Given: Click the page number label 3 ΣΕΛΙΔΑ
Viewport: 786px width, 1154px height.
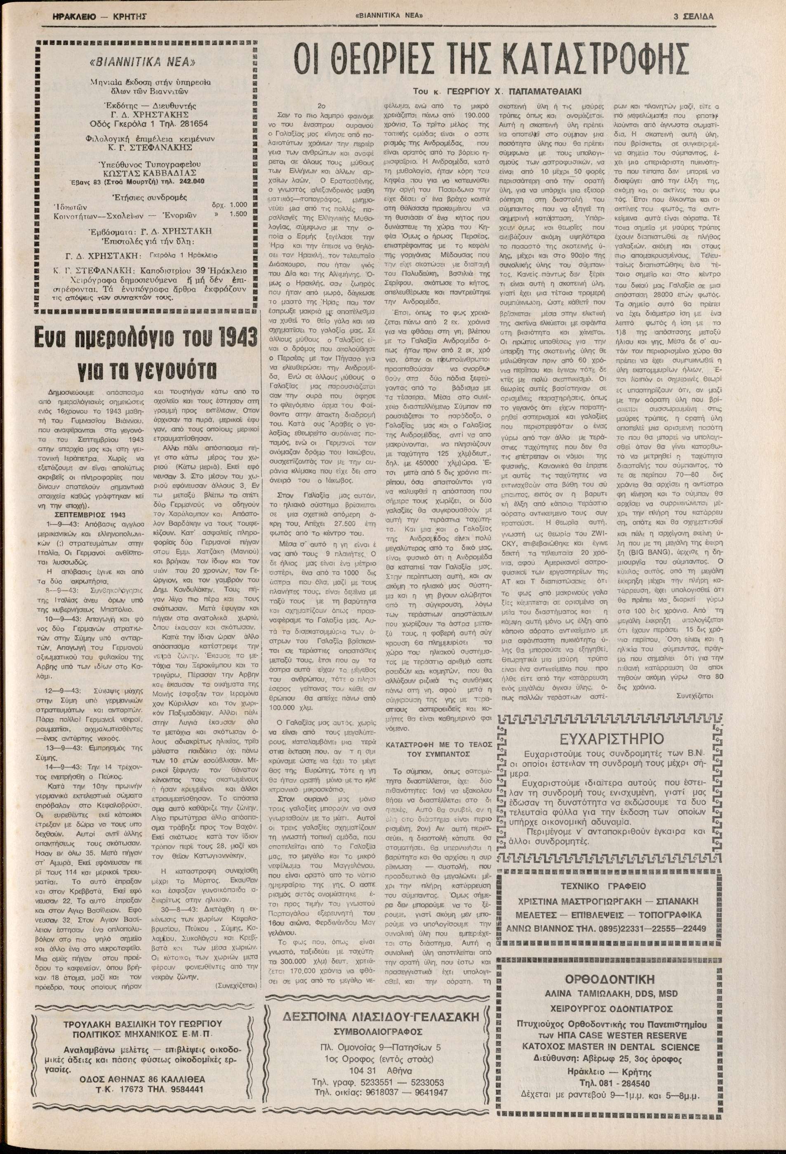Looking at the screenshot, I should pos(694,16).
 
